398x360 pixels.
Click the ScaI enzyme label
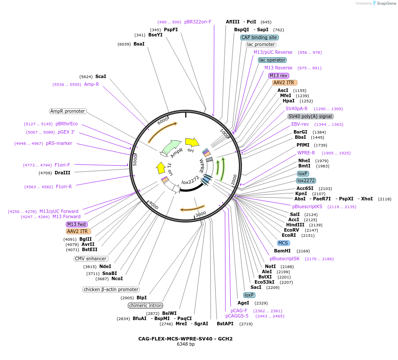pos(101,76)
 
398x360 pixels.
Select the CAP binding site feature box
pos(259,37)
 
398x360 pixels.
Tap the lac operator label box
pos(272,60)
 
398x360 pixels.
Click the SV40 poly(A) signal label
pos(310,116)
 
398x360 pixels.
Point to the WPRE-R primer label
pos(306,153)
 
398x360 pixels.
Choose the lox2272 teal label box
pos(306,180)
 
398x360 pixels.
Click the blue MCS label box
pos(283,243)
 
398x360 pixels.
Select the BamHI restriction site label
pos(282,251)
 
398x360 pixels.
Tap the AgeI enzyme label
pos(243,303)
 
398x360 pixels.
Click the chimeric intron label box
pos(145,305)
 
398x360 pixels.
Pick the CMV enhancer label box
pos(91,259)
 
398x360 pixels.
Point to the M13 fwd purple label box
pos(77,224)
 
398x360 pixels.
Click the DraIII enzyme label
pos(62,173)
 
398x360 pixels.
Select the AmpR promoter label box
pos(68,111)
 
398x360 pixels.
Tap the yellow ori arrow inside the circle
pos(192,142)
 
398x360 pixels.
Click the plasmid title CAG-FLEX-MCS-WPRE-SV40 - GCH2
pos(186,339)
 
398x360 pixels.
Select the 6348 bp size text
pos(186,344)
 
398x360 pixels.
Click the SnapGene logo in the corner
pos(382,3)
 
